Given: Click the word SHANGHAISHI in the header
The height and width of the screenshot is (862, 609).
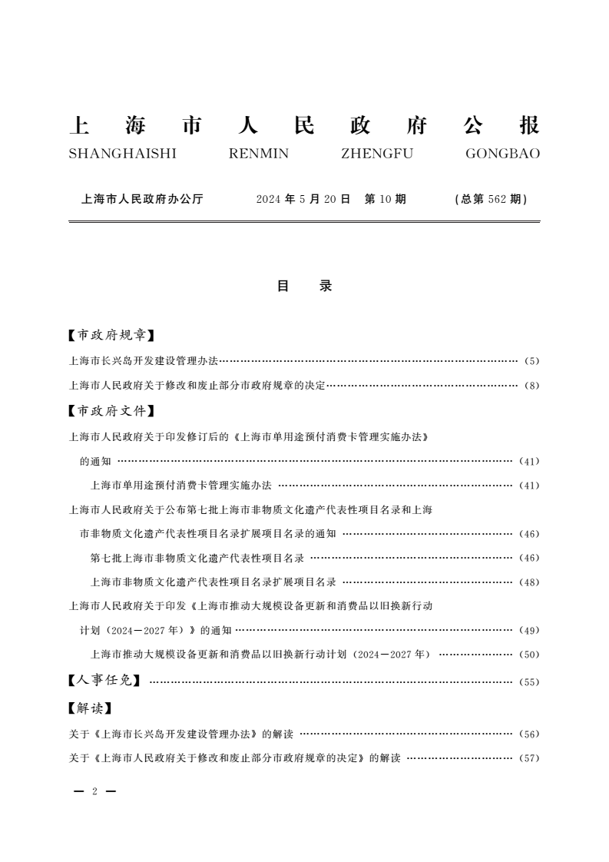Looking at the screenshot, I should (x=122, y=154).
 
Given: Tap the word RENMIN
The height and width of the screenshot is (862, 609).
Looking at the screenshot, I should (x=259, y=154).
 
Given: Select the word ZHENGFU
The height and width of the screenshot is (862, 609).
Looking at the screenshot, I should (x=376, y=154).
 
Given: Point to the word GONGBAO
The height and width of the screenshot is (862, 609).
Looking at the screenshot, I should (x=502, y=154).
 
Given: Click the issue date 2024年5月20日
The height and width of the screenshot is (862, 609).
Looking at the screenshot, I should (x=303, y=199).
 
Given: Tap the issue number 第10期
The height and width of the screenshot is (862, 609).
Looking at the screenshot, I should (x=385, y=199).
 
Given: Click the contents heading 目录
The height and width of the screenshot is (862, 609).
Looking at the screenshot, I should (x=304, y=286).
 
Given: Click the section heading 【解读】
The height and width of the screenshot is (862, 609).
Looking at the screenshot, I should (x=90, y=708).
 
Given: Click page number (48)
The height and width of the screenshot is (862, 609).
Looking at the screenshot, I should (x=530, y=582).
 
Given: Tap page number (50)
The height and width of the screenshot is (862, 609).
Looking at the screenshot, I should (x=530, y=655).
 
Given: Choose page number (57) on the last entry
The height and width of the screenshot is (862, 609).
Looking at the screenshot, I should (x=530, y=759).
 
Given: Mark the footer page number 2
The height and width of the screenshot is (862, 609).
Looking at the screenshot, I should (x=94, y=791).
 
